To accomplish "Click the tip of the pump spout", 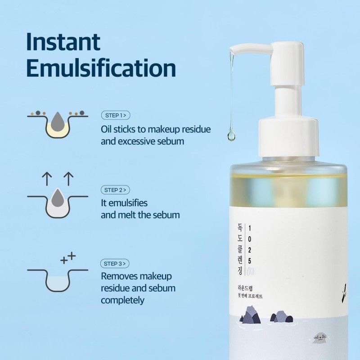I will (231, 50).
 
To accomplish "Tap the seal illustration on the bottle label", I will (319, 337).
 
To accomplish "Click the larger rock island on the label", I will (251, 315).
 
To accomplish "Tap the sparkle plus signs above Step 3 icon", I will (68, 258).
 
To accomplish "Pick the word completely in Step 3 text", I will (122, 300).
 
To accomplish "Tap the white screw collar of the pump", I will (288, 137).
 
